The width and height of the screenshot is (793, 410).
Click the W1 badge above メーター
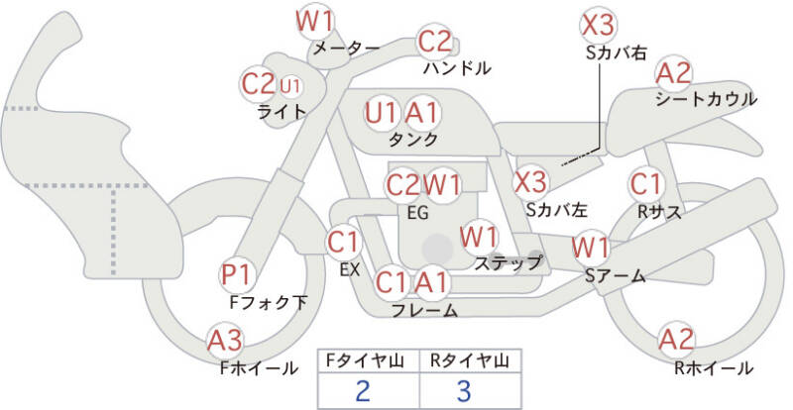tap(315, 20)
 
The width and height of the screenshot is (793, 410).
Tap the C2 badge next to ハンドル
tap(434, 42)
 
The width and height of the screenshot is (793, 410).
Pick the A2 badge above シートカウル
tap(674, 72)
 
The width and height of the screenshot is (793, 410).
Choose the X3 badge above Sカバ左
tap(530, 181)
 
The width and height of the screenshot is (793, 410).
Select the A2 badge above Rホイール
tap(677, 341)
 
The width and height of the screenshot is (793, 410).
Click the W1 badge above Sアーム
tap(592, 246)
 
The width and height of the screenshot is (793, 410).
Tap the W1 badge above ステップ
tap(479, 237)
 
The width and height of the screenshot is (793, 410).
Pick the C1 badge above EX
tap(343, 241)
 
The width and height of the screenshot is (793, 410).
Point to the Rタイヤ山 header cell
tap(465, 359)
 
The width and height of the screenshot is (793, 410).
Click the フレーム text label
tap(424, 311)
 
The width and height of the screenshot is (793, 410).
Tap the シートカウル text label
tap(706, 99)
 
